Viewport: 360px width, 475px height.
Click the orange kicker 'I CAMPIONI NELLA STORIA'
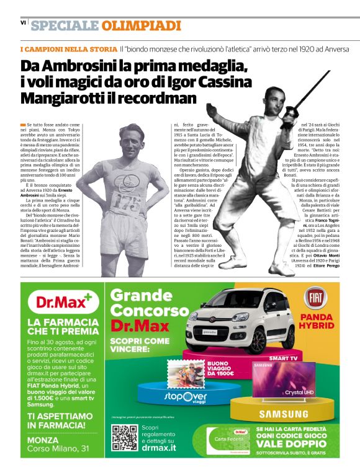click(68, 48)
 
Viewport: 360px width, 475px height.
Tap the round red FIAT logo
click(316, 298)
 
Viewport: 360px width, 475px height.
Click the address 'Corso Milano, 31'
click(59, 448)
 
